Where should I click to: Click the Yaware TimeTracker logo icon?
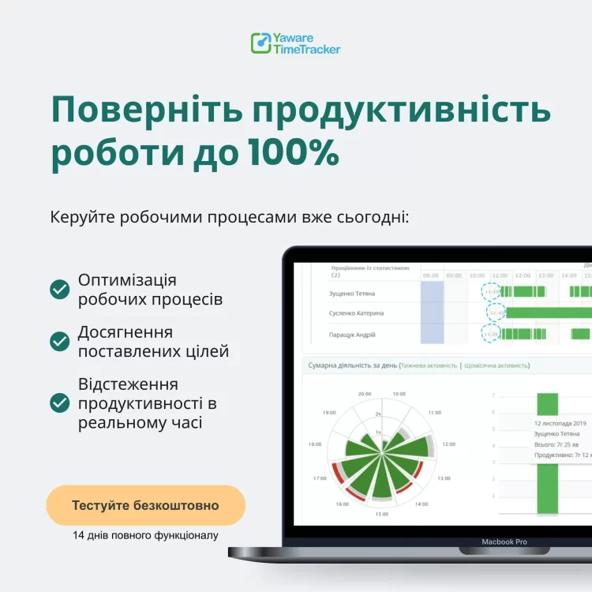260,43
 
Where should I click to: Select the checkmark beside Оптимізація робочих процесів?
60,290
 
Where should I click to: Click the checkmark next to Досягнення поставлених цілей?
60,341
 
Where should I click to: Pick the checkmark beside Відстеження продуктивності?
60,403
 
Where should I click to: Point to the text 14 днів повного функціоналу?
145,535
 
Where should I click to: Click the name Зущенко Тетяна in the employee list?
352,294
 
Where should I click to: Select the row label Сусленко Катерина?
356,313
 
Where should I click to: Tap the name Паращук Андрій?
352,335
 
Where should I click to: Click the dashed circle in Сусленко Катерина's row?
495,313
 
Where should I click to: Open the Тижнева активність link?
429,366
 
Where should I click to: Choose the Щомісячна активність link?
496,366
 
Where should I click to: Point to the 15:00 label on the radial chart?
382,514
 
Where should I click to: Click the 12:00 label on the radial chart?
448,444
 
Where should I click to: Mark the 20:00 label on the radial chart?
364,393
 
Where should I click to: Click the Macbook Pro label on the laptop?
504,541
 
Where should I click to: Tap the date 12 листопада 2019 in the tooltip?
561,423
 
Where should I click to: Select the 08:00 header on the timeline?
431,275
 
